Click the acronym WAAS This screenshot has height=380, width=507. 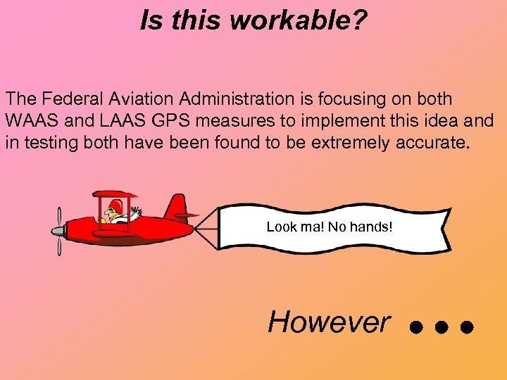tap(27, 121)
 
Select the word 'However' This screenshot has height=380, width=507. tap(328, 322)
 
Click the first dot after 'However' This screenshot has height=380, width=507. tap(416, 328)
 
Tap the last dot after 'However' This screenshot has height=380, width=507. tap(465, 328)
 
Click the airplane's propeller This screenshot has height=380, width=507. tap(58, 230)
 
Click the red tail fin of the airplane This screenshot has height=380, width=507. tap(177, 207)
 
